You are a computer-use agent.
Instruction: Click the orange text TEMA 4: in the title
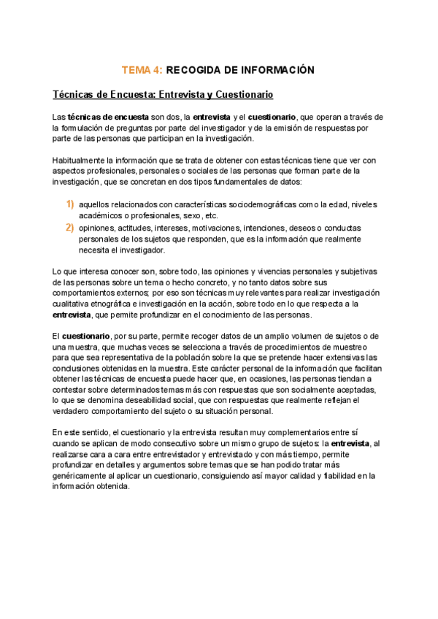point(142,70)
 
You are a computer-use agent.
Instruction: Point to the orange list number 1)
point(70,204)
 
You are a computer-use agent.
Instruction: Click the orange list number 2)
point(70,228)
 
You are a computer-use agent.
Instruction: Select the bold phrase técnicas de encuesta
point(108,117)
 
